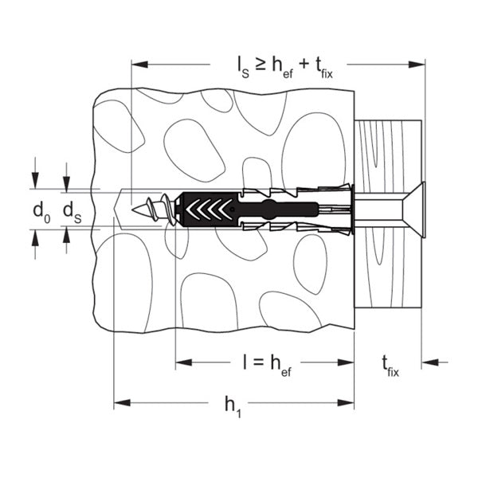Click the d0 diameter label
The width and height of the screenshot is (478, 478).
41,213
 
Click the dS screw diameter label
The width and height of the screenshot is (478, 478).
72,213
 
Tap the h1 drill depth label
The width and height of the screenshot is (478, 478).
233,406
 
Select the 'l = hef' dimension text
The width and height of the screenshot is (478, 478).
267,366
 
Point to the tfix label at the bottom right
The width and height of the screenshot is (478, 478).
390,366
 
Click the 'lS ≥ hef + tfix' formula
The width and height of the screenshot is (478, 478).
284,69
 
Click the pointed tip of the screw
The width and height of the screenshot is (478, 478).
132,210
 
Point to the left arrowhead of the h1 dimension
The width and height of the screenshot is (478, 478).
122,402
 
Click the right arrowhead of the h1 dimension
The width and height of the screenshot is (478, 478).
346,402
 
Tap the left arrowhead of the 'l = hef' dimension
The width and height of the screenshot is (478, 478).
184,362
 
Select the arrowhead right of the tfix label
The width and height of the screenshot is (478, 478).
430,362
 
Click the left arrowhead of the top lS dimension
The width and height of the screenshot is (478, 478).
139,65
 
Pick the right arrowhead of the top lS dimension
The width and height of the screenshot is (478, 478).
417,65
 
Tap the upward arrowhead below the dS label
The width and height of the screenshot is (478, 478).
66,235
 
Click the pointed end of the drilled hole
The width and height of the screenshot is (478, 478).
116,210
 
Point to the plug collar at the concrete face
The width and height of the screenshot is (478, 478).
353,210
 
